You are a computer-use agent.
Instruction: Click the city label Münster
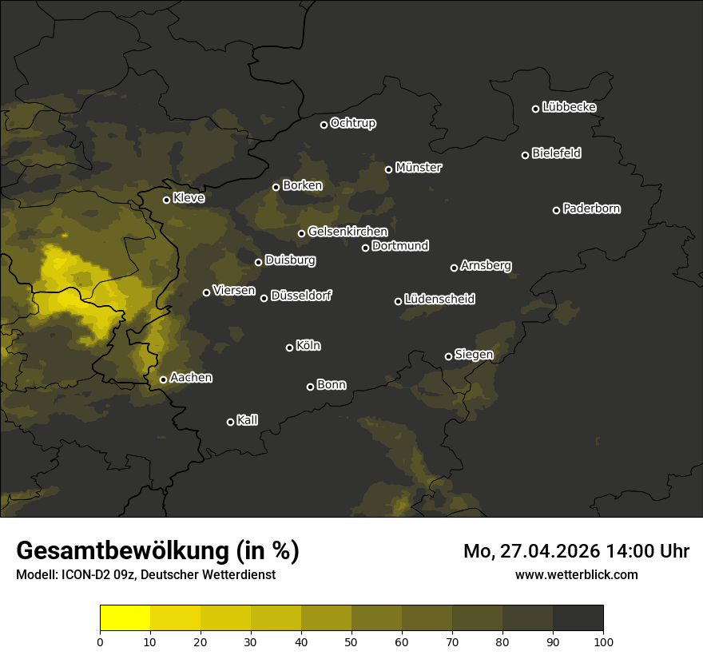[419, 168]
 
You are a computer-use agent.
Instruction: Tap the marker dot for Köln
[289, 347]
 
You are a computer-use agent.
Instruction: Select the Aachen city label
[191, 378]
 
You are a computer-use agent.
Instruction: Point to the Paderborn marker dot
[556, 210]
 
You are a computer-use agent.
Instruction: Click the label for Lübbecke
[569, 107]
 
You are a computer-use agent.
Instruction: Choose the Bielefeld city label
[556, 153]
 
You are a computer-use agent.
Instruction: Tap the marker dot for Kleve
[166, 200]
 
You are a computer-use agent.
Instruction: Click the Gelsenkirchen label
[348, 232]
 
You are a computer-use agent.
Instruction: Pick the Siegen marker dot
[448, 356]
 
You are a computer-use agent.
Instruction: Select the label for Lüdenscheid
[439, 300]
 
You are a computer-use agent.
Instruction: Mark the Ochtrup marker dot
[324, 125]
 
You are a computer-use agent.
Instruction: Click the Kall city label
[247, 420]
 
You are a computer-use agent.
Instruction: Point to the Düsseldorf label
[301, 296]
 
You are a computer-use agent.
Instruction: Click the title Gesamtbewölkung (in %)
[157, 551]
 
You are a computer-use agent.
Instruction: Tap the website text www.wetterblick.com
[576, 574]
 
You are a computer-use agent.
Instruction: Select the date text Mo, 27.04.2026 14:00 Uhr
[576, 551]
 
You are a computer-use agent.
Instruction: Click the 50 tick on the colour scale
[351, 641]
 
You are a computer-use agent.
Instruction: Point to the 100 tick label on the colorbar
[603, 641]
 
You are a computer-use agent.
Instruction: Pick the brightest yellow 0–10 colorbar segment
[125, 618]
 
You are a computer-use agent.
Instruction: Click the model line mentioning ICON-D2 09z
[145, 574]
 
